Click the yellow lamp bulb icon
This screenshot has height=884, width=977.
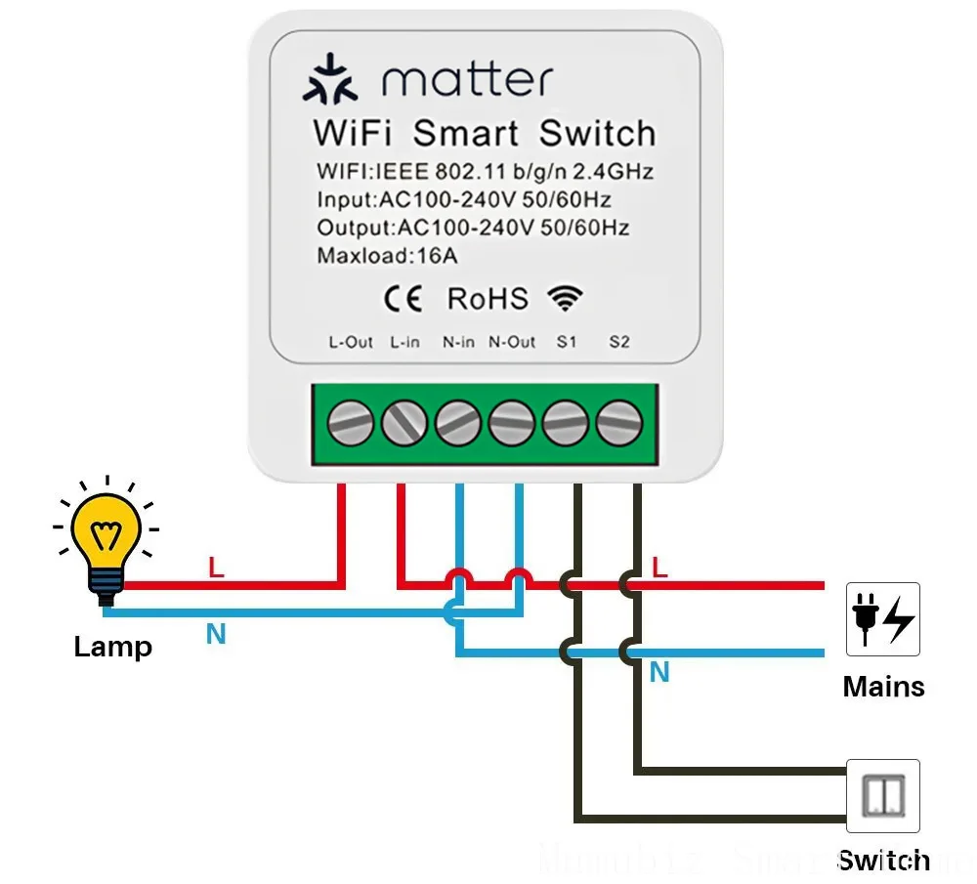click(x=104, y=542)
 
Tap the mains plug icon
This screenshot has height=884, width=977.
click(x=882, y=619)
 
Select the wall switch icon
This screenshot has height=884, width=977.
click(x=882, y=796)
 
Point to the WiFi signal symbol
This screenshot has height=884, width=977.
click(x=565, y=298)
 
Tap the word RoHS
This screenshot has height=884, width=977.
click(x=487, y=299)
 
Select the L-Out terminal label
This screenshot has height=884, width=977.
click(x=351, y=342)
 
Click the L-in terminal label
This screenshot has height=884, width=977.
click(x=404, y=342)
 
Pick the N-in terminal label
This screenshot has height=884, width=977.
click(x=458, y=342)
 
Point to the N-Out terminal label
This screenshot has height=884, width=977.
click(x=512, y=342)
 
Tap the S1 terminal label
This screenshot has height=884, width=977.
click(x=567, y=342)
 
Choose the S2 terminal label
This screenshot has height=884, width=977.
click(x=619, y=342)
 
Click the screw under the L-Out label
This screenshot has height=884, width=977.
click(x=350, y=424)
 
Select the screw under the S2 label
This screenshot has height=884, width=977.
click(x=618, y=424)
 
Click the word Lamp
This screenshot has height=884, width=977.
click(x=112, y=647)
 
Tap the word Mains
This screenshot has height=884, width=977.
click(x=883, y=687)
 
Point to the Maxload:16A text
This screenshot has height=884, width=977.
click(x=387, y=257)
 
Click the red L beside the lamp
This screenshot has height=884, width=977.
click(x=216, y=568)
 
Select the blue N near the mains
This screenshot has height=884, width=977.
click(x=659, y=672)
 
